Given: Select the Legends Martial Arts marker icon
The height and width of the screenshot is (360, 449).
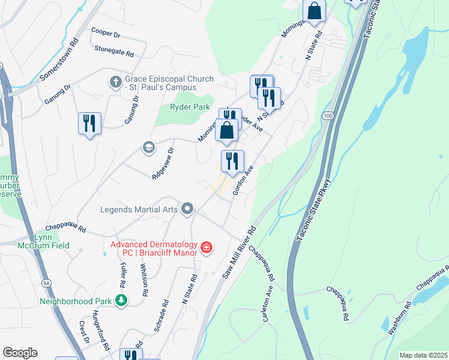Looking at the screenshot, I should (x=188, y=209).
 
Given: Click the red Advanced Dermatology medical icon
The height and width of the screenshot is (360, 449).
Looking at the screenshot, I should (x=206, y=247).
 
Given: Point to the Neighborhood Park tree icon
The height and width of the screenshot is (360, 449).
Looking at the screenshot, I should (x=122, y=300).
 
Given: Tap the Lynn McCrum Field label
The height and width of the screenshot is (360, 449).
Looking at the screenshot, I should (x=52, y=241).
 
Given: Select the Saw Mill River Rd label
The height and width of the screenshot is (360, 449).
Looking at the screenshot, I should (x=240, y=252).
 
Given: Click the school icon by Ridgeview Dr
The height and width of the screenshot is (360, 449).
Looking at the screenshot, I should (x=148, y=147).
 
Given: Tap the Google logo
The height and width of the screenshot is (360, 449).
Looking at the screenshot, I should (x=20, y=353).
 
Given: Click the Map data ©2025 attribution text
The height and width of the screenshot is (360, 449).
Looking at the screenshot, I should (x=423, y=355).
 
